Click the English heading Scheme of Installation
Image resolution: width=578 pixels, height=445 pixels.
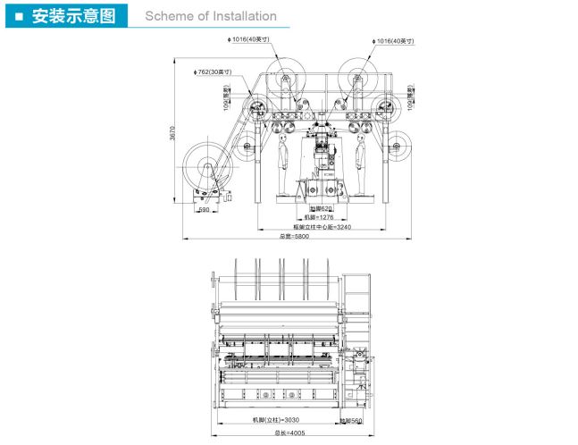tap(211, 16)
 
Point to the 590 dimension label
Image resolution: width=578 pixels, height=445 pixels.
tap(204, 211)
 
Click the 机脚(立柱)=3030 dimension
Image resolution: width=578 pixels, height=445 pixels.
tap(283, 418)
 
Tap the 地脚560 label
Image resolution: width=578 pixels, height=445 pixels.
tap(351, 419)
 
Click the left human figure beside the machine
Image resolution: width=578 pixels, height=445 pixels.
tap(283, 161)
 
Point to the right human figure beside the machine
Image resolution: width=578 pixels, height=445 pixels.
tap(360, 161)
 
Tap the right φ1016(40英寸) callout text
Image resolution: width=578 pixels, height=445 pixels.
tap(394, 41)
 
